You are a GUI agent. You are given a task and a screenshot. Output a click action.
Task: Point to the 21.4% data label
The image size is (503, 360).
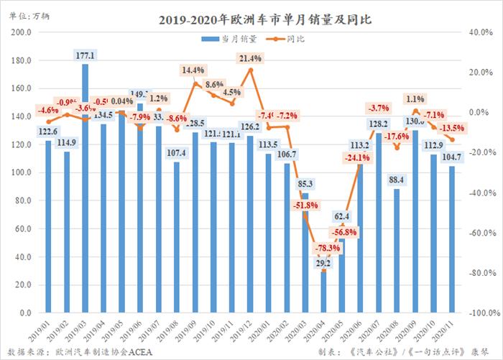[250, 57]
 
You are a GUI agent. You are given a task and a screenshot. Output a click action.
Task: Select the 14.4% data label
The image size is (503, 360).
[193, 70]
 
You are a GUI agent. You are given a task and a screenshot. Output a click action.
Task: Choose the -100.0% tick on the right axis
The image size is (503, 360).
[481, 313]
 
